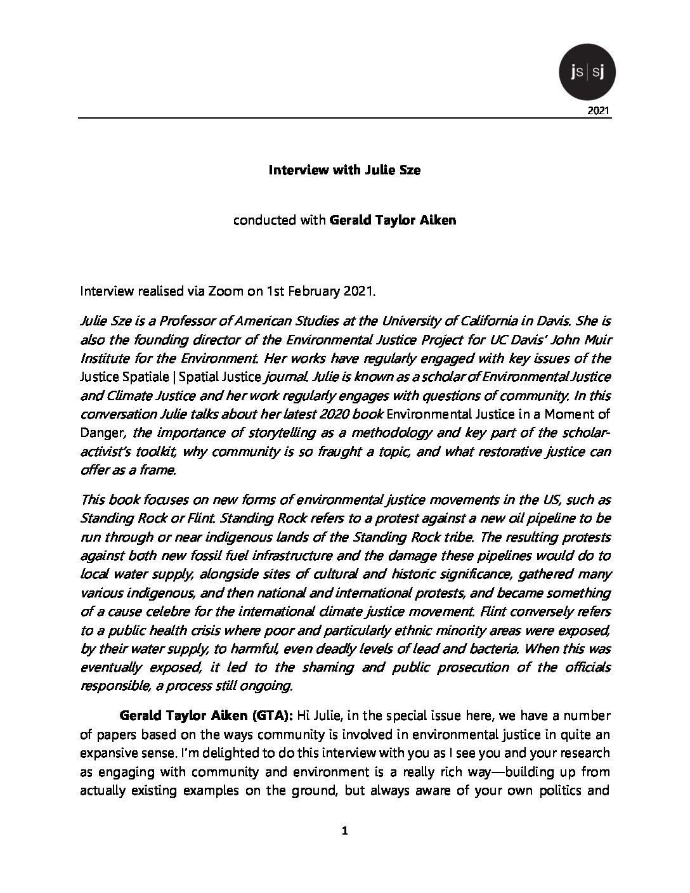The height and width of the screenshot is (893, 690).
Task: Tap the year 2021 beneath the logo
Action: [599, 111]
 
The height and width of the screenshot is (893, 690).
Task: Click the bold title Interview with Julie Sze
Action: [344, 170]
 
